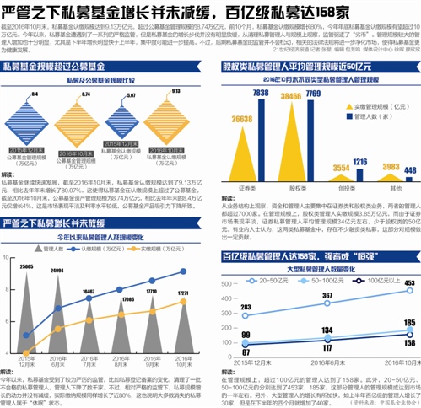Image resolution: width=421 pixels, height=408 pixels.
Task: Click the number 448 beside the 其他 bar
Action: [410, 169]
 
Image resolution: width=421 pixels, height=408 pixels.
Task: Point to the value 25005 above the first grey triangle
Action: [26, 241]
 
